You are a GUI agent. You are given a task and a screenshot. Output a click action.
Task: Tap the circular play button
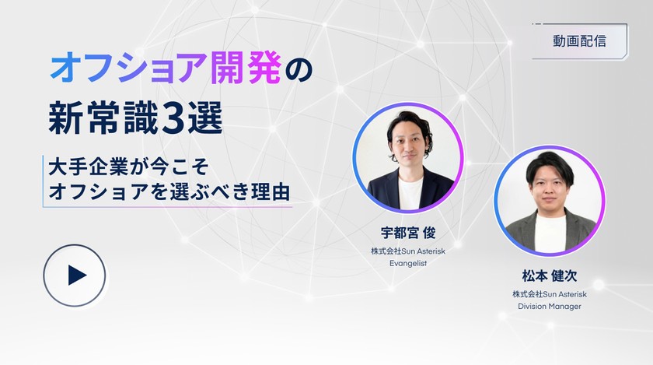[74, 275]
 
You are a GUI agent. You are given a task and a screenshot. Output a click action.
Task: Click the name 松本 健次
[549, 276]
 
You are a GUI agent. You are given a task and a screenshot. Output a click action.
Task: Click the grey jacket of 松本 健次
[520, 231]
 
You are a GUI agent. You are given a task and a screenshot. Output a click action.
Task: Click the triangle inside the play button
[76, 275]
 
